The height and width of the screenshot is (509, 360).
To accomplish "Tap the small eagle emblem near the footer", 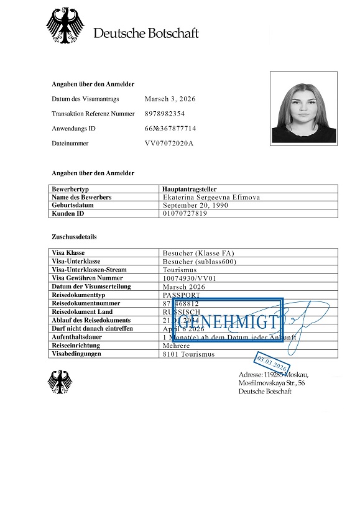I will click(60, 382).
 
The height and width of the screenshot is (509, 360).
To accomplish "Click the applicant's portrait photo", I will click(304, 108).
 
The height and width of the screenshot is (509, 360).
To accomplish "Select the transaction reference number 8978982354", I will click(165, 114).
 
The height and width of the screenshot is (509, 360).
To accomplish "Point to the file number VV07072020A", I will click(169, 143).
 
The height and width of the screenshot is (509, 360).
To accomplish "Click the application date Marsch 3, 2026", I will click(170, 99).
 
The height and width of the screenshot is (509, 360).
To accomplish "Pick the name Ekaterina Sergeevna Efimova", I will click(211, 197).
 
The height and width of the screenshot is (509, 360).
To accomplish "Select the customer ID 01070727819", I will click(185, 213).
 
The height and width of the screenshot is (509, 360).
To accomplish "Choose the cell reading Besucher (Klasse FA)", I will click(198, 253).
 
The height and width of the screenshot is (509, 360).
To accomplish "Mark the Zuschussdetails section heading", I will click(74, 237).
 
